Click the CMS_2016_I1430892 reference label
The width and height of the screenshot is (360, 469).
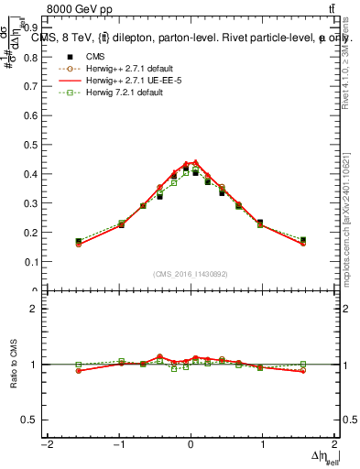191,274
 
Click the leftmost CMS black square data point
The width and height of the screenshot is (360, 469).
79,241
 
